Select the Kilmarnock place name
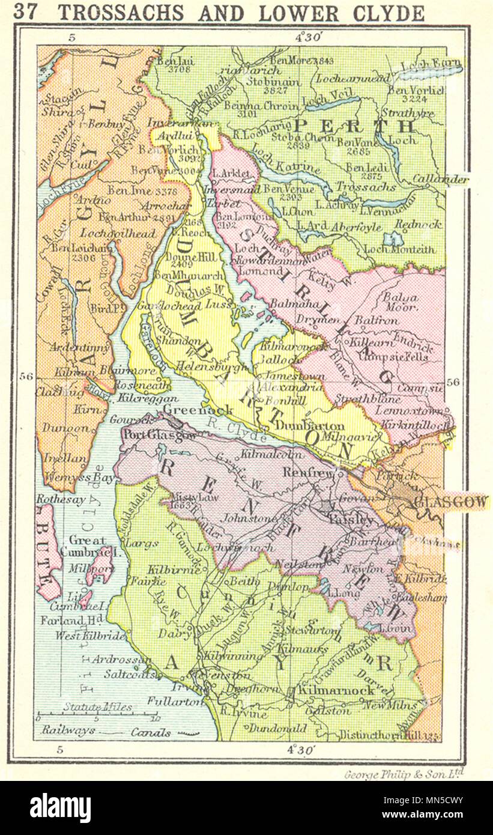pos(340,690)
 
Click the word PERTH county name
pos(354,126)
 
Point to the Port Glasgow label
pos(153,436)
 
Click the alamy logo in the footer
pos(60,808)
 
